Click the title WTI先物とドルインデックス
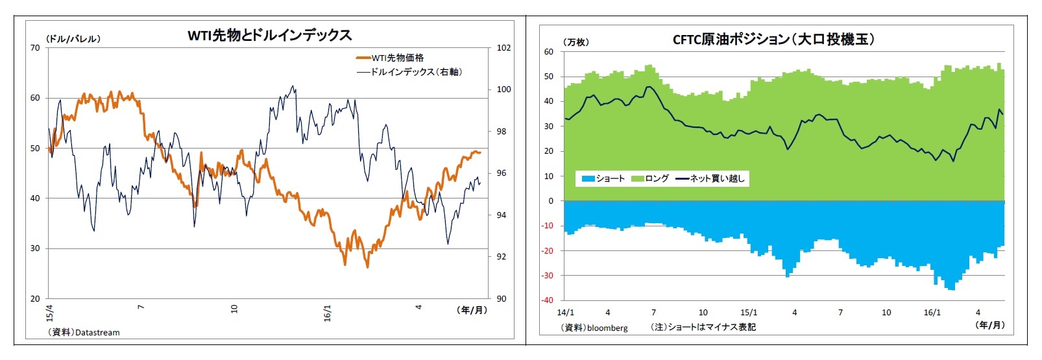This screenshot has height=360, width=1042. point(269,35)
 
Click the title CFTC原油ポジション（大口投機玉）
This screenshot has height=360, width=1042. point(773,40)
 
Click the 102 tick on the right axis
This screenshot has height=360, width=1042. point(503,48)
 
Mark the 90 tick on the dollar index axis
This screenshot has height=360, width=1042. point(502,299)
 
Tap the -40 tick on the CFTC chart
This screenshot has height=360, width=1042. point(548,300)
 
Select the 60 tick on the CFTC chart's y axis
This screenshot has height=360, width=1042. point(550,52)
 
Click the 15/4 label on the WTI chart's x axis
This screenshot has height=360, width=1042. point(50,313)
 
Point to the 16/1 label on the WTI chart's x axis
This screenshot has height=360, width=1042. point(328,313)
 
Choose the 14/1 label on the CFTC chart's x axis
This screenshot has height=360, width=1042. point(565,313)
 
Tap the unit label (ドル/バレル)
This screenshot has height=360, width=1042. point(73,39)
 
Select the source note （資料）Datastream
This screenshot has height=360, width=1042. point(83,333)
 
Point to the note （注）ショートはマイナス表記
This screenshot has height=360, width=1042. point(703,328)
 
